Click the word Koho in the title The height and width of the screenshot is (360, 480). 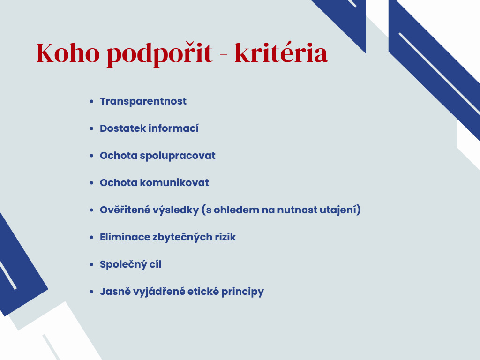click(x=68, y=53)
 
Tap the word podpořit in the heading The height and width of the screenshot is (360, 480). click(x=159, y=54)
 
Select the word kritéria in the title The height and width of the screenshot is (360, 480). click(x=281, y=52)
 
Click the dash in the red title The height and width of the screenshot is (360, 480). click(x=224, y=55)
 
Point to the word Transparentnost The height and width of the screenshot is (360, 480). click(x=143, y=101)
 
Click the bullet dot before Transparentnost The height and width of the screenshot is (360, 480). click(x=91, y=101)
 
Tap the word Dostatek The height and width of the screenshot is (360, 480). click(x=123, y=128)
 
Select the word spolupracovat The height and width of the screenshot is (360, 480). click(x=178, y=156)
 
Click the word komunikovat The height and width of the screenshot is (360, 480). click(x=174, y=182)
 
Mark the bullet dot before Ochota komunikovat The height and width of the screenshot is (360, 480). click(x=91, y=183)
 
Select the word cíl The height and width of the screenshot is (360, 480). click(x=155, y=264)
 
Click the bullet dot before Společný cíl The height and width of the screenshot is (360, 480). click(x=91, y=264)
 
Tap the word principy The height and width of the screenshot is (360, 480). click(x=242, y=292)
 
